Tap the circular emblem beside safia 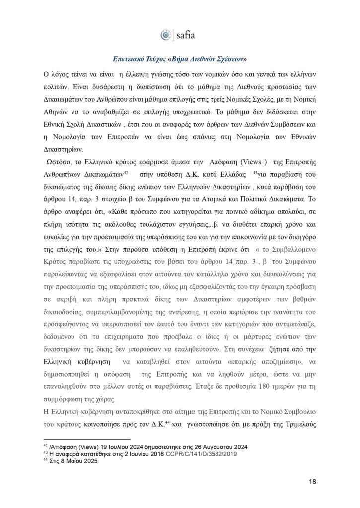(x=166, y=35)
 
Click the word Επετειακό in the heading (x=128, y=58)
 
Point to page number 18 (x=312, y=481)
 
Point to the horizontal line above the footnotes (x=87, y=439)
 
